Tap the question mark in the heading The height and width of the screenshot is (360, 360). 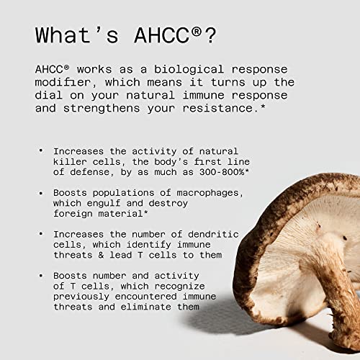click(210, 35)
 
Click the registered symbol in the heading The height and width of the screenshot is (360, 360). click(197, 32)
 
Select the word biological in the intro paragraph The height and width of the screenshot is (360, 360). click(189, 70)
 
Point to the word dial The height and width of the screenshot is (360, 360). click(49, 95)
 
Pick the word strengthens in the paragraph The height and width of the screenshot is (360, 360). click(102, 108)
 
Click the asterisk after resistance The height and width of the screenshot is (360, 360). click(263, 106)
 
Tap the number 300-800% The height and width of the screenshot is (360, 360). click(222, 172)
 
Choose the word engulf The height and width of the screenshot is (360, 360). click(104, 204)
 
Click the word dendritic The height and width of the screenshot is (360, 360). click(213, 234)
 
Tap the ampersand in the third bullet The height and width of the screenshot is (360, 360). click(101, 255)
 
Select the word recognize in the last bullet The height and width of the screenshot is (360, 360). click(180, 287)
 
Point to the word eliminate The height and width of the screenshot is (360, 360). click(146, 307)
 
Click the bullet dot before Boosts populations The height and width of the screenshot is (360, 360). click(41, 193)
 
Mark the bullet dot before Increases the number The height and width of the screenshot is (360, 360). click(41, 233)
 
